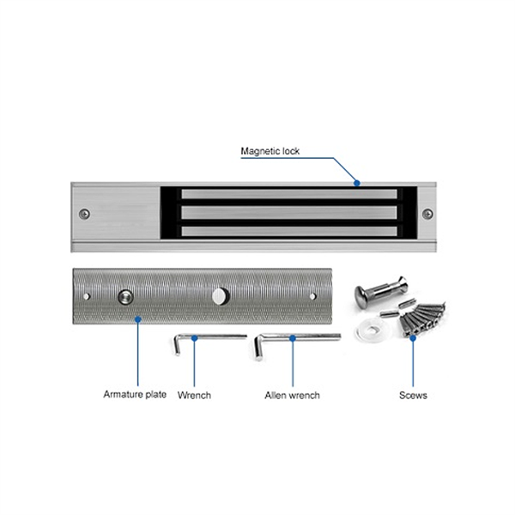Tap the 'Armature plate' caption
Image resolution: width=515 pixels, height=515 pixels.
(x=135, y=395)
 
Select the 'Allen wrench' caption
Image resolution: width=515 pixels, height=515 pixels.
(x=292, y=395)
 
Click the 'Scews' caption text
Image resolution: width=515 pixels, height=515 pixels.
(x=413, y=396)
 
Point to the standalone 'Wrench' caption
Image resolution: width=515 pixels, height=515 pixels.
(x=194, y=395)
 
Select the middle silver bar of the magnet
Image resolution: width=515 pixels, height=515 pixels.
(x=289, y=212)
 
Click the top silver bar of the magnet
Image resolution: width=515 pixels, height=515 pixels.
(x=289, y=194)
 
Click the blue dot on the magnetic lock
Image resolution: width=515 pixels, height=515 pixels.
(x=357, y=182)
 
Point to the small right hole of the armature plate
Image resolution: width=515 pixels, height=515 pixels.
(x=312, y=296)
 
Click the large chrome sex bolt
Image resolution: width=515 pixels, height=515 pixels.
(x=371, y=297)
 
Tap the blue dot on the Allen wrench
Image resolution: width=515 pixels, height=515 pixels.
(x=292, y=338)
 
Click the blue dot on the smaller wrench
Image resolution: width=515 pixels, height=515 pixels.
(x=194, y=338)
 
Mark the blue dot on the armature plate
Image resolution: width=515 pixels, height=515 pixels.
(x=137, y=318)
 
